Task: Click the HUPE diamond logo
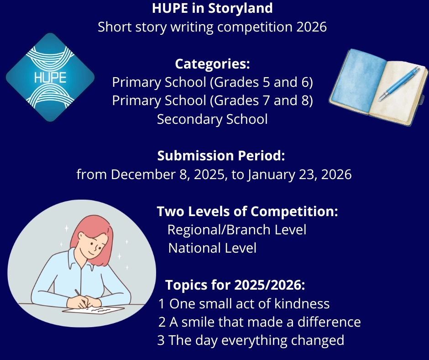(x=50, y=77)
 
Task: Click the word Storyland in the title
(x=259, y=8)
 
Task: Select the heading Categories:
(x=212, y=64)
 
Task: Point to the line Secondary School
(x=212, y=119)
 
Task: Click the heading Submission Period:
(x=221, y=155)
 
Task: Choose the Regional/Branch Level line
(x=237, y=230)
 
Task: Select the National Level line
(x=212, y=248)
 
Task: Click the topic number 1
(x=162, y=304)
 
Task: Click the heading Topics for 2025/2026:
(x=235, y=285)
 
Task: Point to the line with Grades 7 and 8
(x=212, y=101)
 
